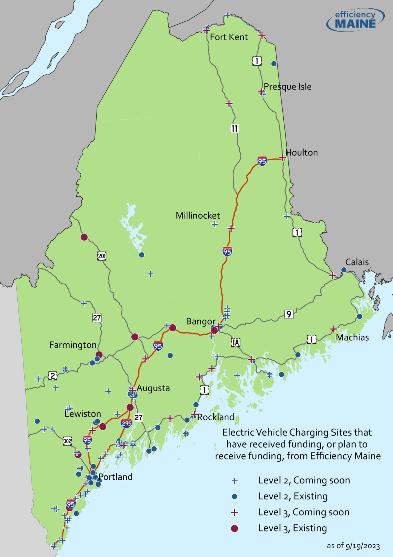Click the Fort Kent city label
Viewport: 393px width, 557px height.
229,37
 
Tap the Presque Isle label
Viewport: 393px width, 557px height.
287,87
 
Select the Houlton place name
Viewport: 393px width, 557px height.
301,152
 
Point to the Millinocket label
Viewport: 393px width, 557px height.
198,215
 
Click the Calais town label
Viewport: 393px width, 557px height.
357,262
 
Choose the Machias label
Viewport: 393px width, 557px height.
352,337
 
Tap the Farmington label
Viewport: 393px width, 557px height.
73,345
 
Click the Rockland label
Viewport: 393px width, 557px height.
216,417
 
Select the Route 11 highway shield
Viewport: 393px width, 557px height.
234,128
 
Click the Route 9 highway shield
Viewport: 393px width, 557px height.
288,314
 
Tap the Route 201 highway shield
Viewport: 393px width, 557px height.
102,256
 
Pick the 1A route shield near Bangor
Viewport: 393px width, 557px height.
236,342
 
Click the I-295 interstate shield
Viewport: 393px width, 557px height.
126,423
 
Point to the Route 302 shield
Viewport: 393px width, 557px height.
67,441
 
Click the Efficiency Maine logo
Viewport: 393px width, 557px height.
355,20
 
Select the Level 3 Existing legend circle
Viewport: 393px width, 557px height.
234,528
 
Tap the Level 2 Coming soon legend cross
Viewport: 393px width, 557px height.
234,481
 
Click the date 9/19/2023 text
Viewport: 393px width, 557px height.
363,546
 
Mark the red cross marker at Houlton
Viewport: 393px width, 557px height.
283,158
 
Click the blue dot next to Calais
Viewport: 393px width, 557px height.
344,270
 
